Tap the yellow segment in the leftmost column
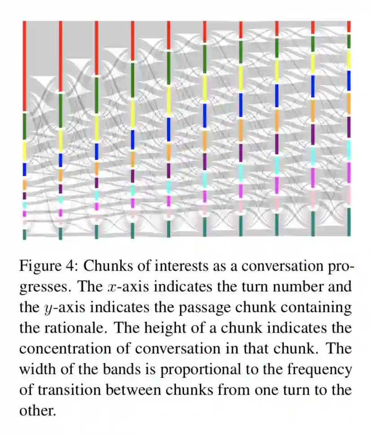25,151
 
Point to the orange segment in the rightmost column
349,104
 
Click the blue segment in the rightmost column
349,81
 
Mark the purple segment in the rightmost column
349,127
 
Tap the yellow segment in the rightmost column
349,59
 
